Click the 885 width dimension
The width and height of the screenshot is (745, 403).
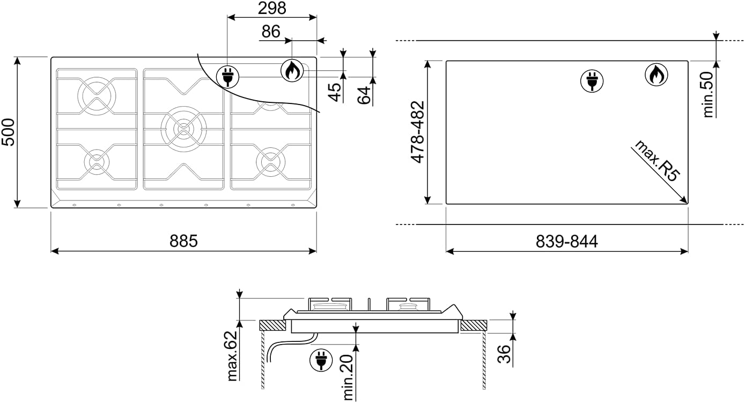[183, 241]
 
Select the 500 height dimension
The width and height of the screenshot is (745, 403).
[8, 132]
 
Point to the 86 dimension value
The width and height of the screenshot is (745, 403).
[271, 32]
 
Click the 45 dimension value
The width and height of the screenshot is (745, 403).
[335, 92]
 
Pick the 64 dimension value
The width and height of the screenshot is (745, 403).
[364, 95]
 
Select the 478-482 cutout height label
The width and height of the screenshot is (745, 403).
[418, 132]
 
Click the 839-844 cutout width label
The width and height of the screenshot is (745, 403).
[566, 242]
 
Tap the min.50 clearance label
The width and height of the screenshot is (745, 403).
[708, 94]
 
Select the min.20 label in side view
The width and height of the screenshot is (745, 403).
[348, 377]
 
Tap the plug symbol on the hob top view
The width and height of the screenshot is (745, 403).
[227, 77]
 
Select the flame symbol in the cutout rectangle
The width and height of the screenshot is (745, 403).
[656, 74]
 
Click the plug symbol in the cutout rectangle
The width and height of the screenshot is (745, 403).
[592, 81]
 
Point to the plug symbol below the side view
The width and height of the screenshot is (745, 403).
[321, 360]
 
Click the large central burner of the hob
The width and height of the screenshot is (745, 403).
[183, 128]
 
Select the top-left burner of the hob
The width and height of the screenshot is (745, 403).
[97, 96]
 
